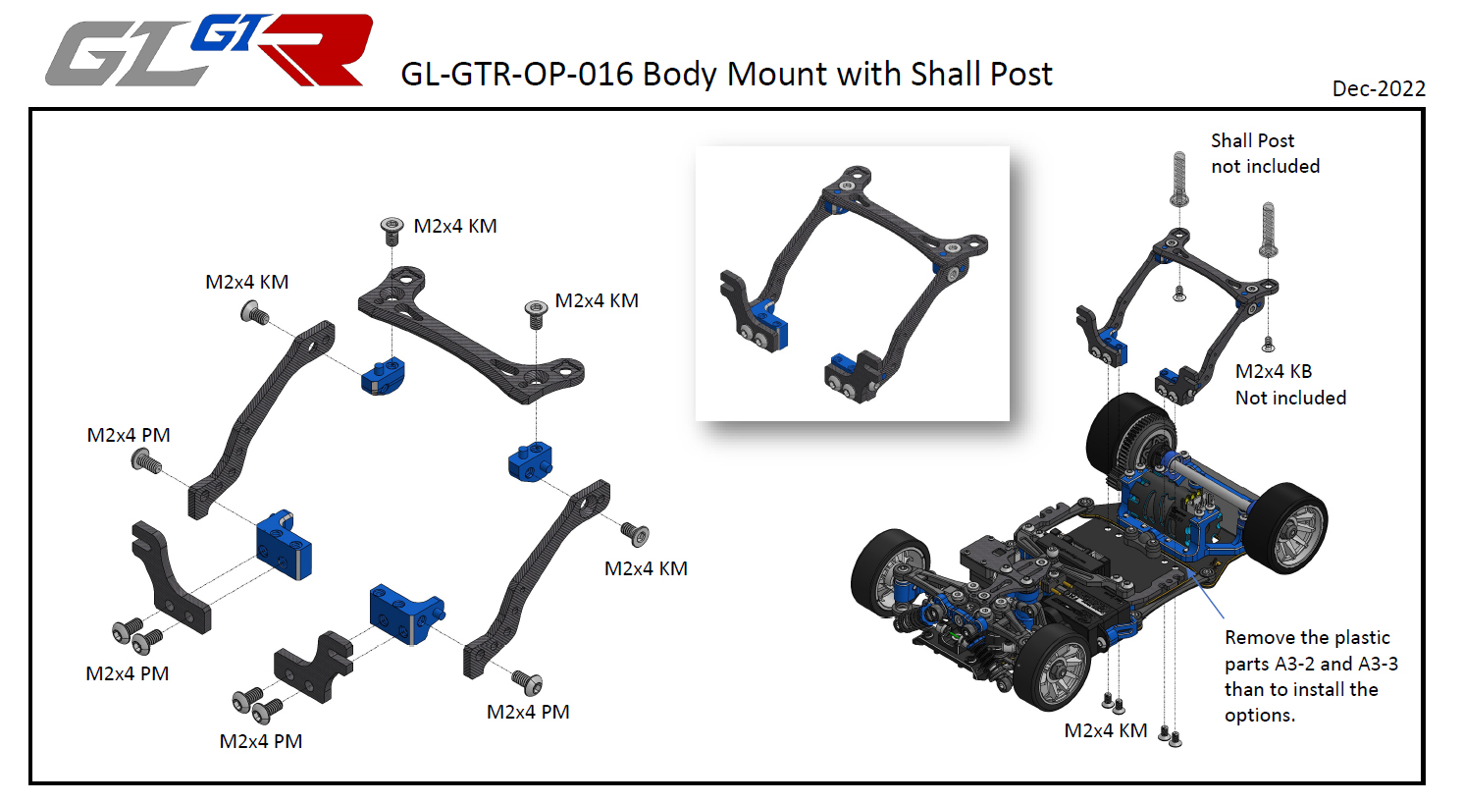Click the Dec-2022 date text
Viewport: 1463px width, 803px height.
click(x=1379, y=88)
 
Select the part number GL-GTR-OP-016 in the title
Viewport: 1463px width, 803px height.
click(x=517, y=74)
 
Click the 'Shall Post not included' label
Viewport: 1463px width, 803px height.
click(x=1265, y=153)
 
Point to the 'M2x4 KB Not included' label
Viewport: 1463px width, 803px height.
click(x=1290, y=384)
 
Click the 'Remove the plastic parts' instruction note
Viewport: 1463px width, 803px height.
click(x=1311, y=676)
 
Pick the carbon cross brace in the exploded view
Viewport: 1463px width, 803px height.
click(x=471, y=334)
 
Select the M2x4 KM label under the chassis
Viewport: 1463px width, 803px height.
click(x=1105, y=730)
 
